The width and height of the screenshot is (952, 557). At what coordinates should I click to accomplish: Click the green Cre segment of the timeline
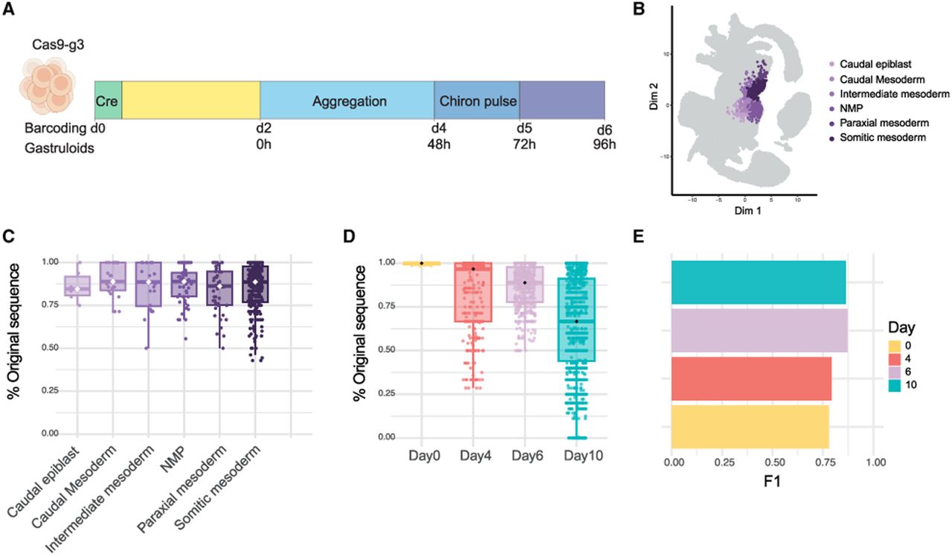click(x=109, y=100)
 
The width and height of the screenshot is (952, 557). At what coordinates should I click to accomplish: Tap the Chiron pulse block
click(x=477, y=100)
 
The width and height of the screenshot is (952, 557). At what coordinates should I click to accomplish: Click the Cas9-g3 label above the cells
click(x=58, y=44)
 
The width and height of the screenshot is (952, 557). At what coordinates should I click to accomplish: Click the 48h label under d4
click(x=439, y=144)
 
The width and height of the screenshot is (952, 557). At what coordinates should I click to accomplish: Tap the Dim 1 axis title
click(x=747, y=210)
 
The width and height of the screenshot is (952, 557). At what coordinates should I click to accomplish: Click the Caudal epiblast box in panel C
click(x=77, y=286)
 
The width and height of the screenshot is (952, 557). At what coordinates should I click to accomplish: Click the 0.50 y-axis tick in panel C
click(x=50, y=348)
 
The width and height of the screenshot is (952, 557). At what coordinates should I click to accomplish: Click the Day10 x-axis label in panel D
click(x=583, y=456)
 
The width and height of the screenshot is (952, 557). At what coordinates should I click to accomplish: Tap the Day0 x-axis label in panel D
click(x=424, y=456)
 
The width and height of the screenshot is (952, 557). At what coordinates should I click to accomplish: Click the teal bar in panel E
click(x=759, y=282)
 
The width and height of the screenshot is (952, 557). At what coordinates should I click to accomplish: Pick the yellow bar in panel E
click(x=750, y=427)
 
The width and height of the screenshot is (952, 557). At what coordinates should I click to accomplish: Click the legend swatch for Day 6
click(x=895, y=372)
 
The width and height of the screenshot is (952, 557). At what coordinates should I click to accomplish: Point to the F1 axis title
click(x=772, y=481)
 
